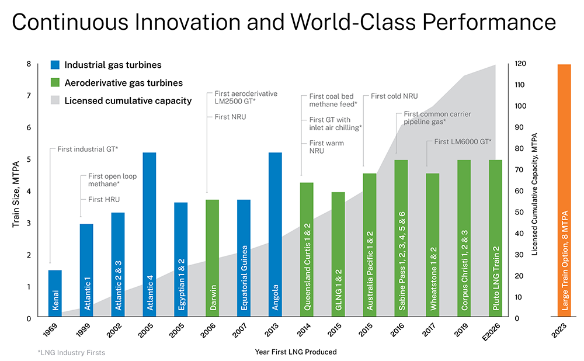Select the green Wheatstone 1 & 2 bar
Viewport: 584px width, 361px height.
433,245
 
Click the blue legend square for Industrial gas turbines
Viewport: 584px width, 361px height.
55,65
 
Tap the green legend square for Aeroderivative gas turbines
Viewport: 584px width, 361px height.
55,83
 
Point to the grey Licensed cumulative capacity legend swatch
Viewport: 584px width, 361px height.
55,100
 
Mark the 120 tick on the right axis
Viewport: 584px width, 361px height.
519,64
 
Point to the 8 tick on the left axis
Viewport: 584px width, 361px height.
29,64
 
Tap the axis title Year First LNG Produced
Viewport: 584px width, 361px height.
296,352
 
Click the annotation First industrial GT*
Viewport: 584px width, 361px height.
88,150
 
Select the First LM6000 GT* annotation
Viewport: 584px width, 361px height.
463,141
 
